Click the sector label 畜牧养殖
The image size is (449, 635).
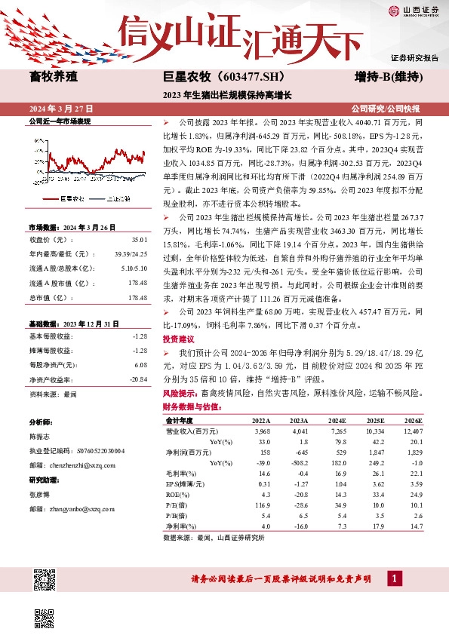(54, 77)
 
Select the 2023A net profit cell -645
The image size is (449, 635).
(299, 451)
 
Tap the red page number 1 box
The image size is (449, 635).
(393, 578)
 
